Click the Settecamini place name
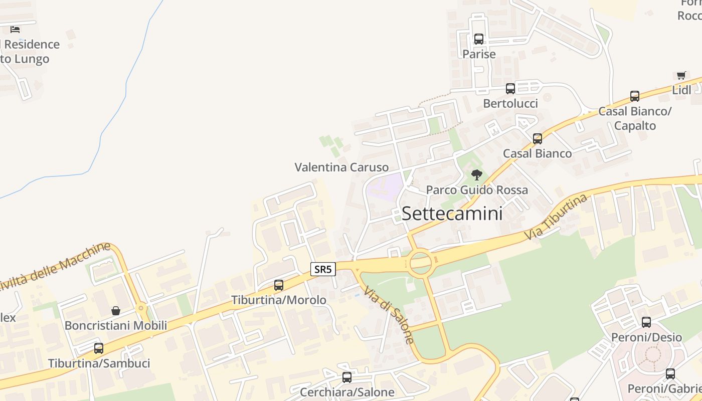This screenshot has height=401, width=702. click(452, 214)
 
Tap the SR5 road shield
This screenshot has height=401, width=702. click(322, 269)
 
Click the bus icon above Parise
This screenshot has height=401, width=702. click(479, 39)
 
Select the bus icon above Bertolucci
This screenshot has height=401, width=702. click(510, 89)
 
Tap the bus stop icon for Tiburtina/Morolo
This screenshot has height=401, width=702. click(279, 285)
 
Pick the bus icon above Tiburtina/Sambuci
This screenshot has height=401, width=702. click(99, 348)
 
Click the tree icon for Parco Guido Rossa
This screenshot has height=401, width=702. click(477, 175)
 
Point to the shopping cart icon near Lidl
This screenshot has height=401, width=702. click(681, 76)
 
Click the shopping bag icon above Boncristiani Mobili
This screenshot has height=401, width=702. click(116, 311)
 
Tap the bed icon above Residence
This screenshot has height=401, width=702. click(15, 29)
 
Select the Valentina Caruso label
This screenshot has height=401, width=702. click(341, 167)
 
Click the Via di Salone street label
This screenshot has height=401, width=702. click(389, 315)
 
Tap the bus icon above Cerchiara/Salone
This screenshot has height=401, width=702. click(347, 377)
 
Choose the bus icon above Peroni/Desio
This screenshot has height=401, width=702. click(646, 322)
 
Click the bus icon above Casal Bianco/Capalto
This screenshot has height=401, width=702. click(635, 96)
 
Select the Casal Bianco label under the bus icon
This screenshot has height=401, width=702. click(537, 153)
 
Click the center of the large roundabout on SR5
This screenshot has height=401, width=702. click(420, 262)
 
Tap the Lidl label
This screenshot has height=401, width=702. click(681, 90)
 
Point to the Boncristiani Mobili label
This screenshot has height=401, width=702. click(116, 325)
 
